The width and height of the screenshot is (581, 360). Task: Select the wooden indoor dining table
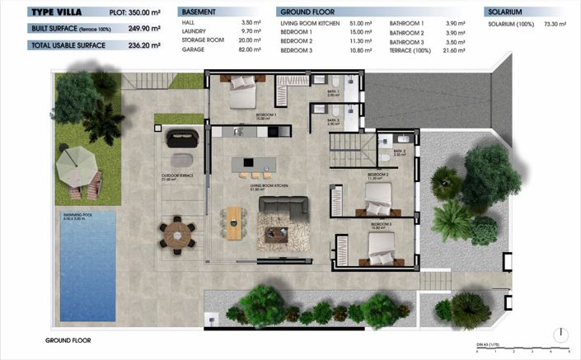[235, 222]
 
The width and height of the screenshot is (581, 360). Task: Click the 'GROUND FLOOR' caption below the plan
[68, 339]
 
